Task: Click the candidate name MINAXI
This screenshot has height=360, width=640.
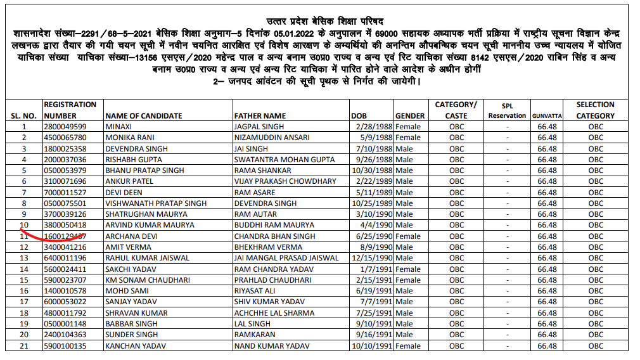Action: click(118, 127)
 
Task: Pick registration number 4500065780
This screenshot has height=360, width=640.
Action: click(65, 138)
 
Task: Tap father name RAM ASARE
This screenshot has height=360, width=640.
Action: click(255, 192)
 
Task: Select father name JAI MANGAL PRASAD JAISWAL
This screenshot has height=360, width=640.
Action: click(286, 258)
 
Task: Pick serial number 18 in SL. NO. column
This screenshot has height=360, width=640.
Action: click(25, 313)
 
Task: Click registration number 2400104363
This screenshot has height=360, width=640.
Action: click(65, 335)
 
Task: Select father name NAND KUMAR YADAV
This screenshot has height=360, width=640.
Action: click(272, 346)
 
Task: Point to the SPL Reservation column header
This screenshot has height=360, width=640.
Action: click(507, 111)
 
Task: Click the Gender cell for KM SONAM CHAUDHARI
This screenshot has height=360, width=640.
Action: click(407, 280)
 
